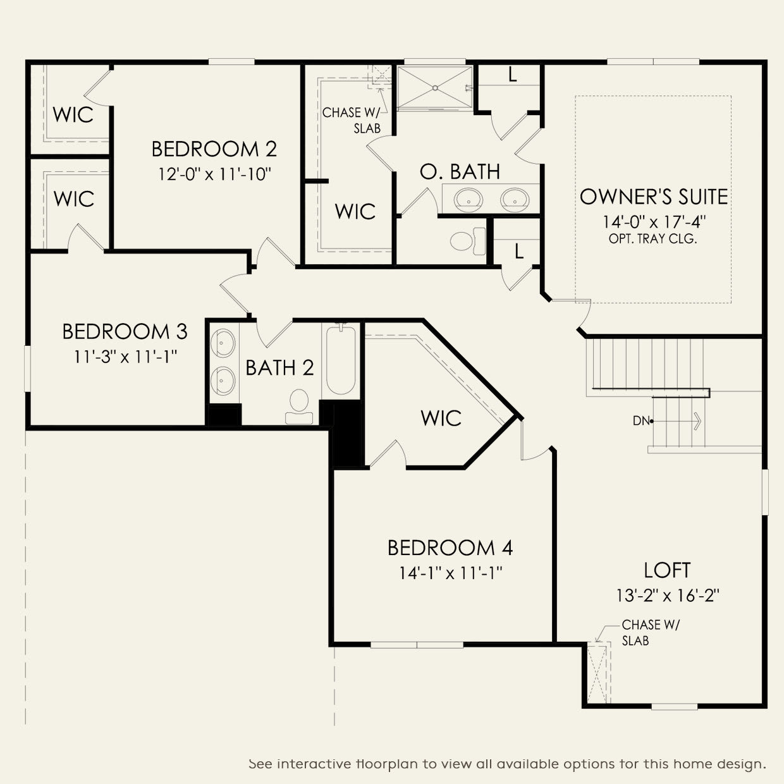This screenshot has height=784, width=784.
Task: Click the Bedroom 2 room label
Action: (214, 149)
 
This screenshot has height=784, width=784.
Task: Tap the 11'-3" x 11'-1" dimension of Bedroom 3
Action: (125, 357)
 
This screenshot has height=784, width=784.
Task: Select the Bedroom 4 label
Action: (450, 548)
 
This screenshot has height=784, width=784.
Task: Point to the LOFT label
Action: (667, 570)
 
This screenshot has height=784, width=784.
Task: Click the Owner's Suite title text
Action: (653, 197)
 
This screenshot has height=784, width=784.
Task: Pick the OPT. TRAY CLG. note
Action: (652, 238)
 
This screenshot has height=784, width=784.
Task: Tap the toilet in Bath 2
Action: (299, 406)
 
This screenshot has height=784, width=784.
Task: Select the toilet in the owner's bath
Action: (468, 241)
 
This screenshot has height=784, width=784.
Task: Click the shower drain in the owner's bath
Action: (435, 88)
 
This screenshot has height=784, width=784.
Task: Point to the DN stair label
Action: (641, 420)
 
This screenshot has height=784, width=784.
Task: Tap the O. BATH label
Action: (460, 171)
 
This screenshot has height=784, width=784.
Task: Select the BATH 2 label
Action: (279, 367)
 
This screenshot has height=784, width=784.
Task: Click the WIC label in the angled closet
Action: (441, 418)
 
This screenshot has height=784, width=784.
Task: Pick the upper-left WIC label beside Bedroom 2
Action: (73, 114)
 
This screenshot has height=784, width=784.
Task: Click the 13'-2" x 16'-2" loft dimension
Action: (667, 596)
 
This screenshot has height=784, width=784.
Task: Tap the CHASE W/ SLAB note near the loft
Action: (650, 633)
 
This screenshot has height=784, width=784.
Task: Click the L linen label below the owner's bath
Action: (518, 252)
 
